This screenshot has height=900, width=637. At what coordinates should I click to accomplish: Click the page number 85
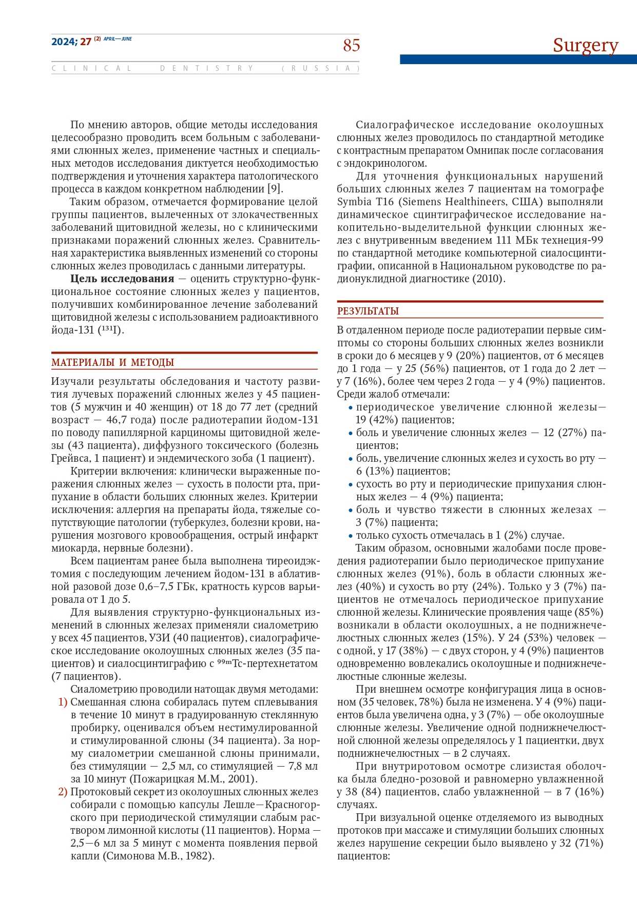(x=352, y=46)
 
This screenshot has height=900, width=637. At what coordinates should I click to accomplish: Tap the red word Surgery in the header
(x=585, y=46)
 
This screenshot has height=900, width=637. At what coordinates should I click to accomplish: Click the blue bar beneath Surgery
(x=518, y=60)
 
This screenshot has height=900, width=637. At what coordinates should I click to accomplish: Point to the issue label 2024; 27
(x=71, y=42)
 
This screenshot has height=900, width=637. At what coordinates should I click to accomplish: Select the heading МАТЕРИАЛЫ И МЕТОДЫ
(x=113, y=363)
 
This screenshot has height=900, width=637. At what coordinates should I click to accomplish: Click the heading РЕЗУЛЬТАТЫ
(x=368, y=311)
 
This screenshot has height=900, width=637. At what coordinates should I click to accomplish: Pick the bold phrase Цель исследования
(x=122, y=279)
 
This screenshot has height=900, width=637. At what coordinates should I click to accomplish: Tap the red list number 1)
(x=63, y=702)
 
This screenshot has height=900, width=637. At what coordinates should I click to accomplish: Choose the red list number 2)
(x=63, y=792)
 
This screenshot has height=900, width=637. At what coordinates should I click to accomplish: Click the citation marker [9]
(x=275, y=189)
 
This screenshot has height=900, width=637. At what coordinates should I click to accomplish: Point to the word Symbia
(x=352, y=202)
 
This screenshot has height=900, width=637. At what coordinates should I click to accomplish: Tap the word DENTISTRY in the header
(x=207, y=68)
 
